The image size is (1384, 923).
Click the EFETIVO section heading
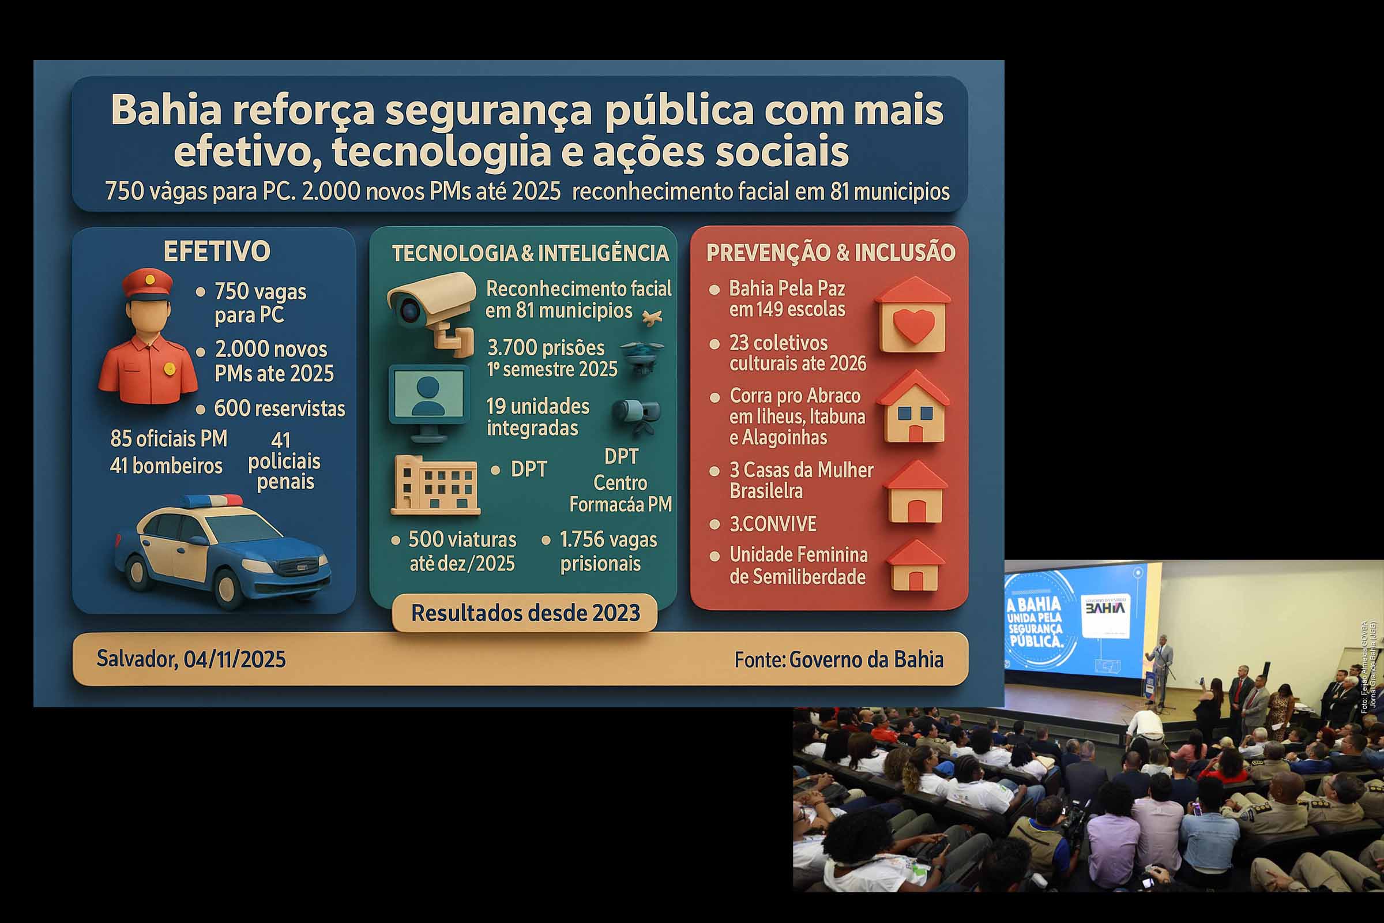[217, 252]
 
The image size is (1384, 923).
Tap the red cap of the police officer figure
[148, 282]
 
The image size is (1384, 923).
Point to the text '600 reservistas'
[279, 408]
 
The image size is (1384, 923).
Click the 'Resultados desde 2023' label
[525, 613]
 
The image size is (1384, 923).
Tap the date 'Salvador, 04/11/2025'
[191, 659]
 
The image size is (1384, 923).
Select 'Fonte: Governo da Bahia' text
[838, 659]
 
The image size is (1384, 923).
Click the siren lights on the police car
[211, 501]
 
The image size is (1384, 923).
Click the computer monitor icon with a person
[429, 401]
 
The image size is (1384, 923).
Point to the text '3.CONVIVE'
[773, 524]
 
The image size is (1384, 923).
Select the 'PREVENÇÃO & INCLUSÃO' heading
[830, 253]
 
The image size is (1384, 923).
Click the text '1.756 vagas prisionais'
[608, 551]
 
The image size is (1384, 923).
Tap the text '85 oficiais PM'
[168, 438]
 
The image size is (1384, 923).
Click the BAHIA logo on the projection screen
[1105, 608]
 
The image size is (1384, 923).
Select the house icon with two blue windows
[913, 409]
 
